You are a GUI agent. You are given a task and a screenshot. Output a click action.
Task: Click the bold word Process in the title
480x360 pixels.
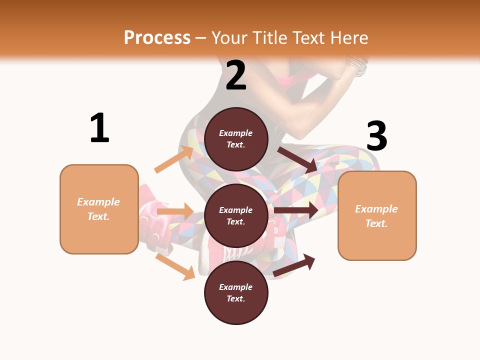pyautogui.click(x=157, y=37)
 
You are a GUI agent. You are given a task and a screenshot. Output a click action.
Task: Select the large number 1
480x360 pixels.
pyautogui.click(x=99, y=128)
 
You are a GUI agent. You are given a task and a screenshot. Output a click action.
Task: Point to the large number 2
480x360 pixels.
pyautogui.click(x=236, y=75)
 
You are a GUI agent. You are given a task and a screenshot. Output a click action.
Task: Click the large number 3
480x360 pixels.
pyautogui.click(x=377, y=136)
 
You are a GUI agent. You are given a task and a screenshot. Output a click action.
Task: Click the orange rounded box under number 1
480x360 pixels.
pyautogui.click(x=99, y=209)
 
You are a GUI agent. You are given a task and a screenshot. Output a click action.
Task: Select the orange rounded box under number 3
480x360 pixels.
pyautogui.click(x=377, y=216)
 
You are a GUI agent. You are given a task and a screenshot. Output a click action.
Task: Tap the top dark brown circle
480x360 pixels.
pyautogui.click(x=236, y=139)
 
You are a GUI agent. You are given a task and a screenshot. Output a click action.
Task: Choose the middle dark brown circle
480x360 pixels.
pyautogui.click(x=236, y=216)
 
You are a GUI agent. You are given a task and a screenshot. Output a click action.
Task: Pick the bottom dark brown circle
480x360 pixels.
pyautogui.click(x=236, y=293)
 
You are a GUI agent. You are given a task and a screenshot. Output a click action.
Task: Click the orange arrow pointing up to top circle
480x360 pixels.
pyautogui.click(x=174, y=159)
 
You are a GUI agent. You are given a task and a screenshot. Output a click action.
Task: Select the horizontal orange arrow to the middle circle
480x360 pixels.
pyautogui.click(x=175, y=211)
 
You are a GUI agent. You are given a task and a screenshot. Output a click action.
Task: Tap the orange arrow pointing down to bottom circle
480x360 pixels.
pyautogui.click(x=175, y=266)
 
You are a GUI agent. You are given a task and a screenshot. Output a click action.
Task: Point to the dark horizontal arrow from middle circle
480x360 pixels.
pyautogui.click(x=296, y=210)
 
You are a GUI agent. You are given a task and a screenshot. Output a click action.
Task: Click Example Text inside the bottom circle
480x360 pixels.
pyautogui.click(x=236, y=293)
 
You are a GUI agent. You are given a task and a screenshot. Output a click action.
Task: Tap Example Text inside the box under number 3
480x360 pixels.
pyautogui.click(x=376, y=216)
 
